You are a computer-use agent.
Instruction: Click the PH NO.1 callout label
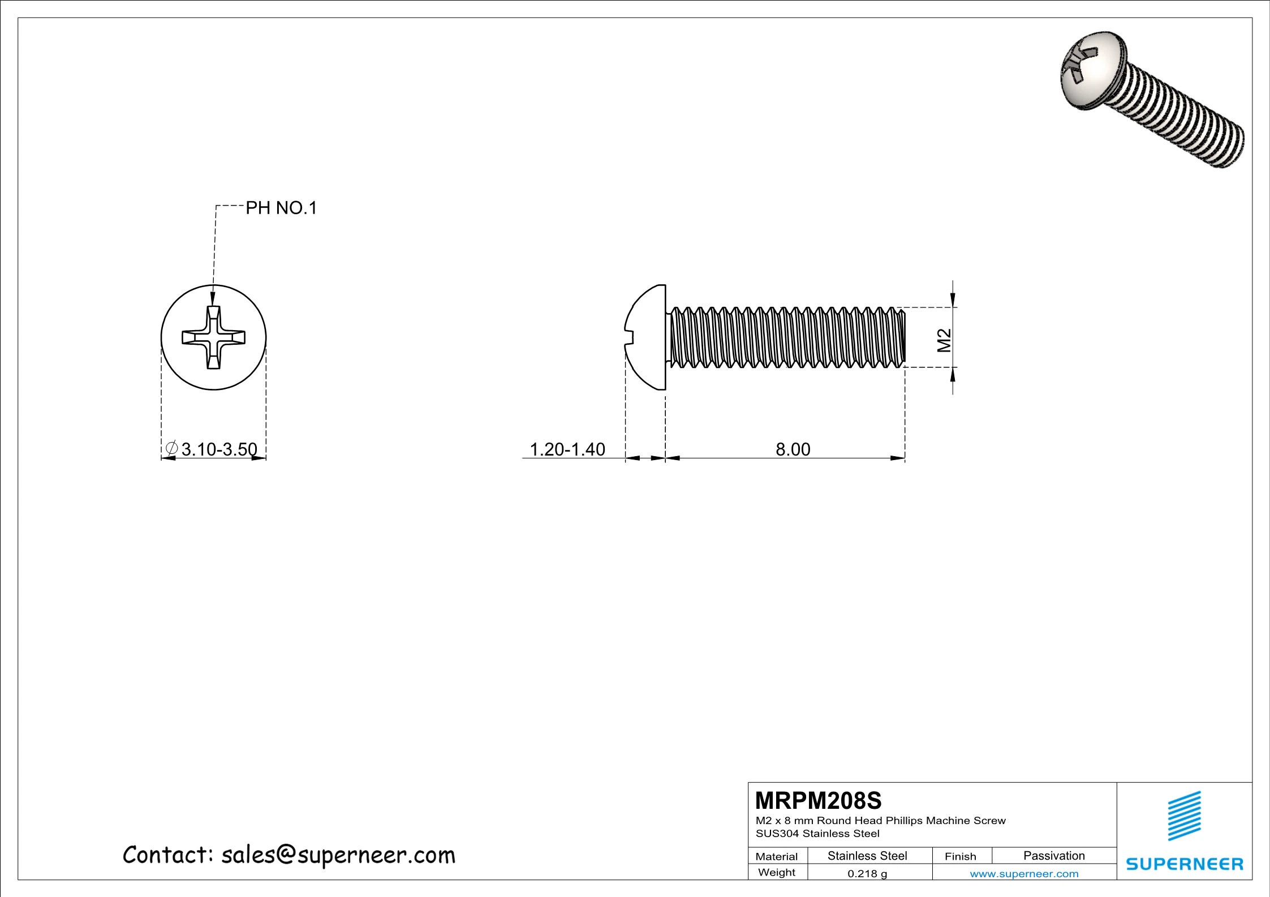coord(281,208)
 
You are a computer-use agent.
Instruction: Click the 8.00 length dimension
coord(793,449)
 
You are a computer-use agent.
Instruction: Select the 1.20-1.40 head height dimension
coord(567,449)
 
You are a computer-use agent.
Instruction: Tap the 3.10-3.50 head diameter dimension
coord(219,449)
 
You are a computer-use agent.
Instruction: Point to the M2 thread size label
coord(944,341)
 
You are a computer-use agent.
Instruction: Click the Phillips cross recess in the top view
coord(213,337)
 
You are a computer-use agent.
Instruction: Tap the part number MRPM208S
coord(818,800)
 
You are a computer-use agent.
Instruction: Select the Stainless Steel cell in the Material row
coord(867,856)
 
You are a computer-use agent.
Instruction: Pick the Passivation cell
coord(1053,856)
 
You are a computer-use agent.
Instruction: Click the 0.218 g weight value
coord(867,874)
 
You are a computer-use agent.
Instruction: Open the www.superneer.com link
coord(1024,874)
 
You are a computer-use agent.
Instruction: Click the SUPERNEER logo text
coord(1185,864)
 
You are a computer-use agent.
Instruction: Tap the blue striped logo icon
coord(1185,816)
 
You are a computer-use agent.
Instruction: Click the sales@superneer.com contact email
coord(338,855)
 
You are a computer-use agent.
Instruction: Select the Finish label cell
coord(960,856)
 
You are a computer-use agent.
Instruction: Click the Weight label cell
coord(776,872)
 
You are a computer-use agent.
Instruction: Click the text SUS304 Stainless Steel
coord(817,833)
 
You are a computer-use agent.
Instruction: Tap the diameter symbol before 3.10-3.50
coord(171,449)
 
